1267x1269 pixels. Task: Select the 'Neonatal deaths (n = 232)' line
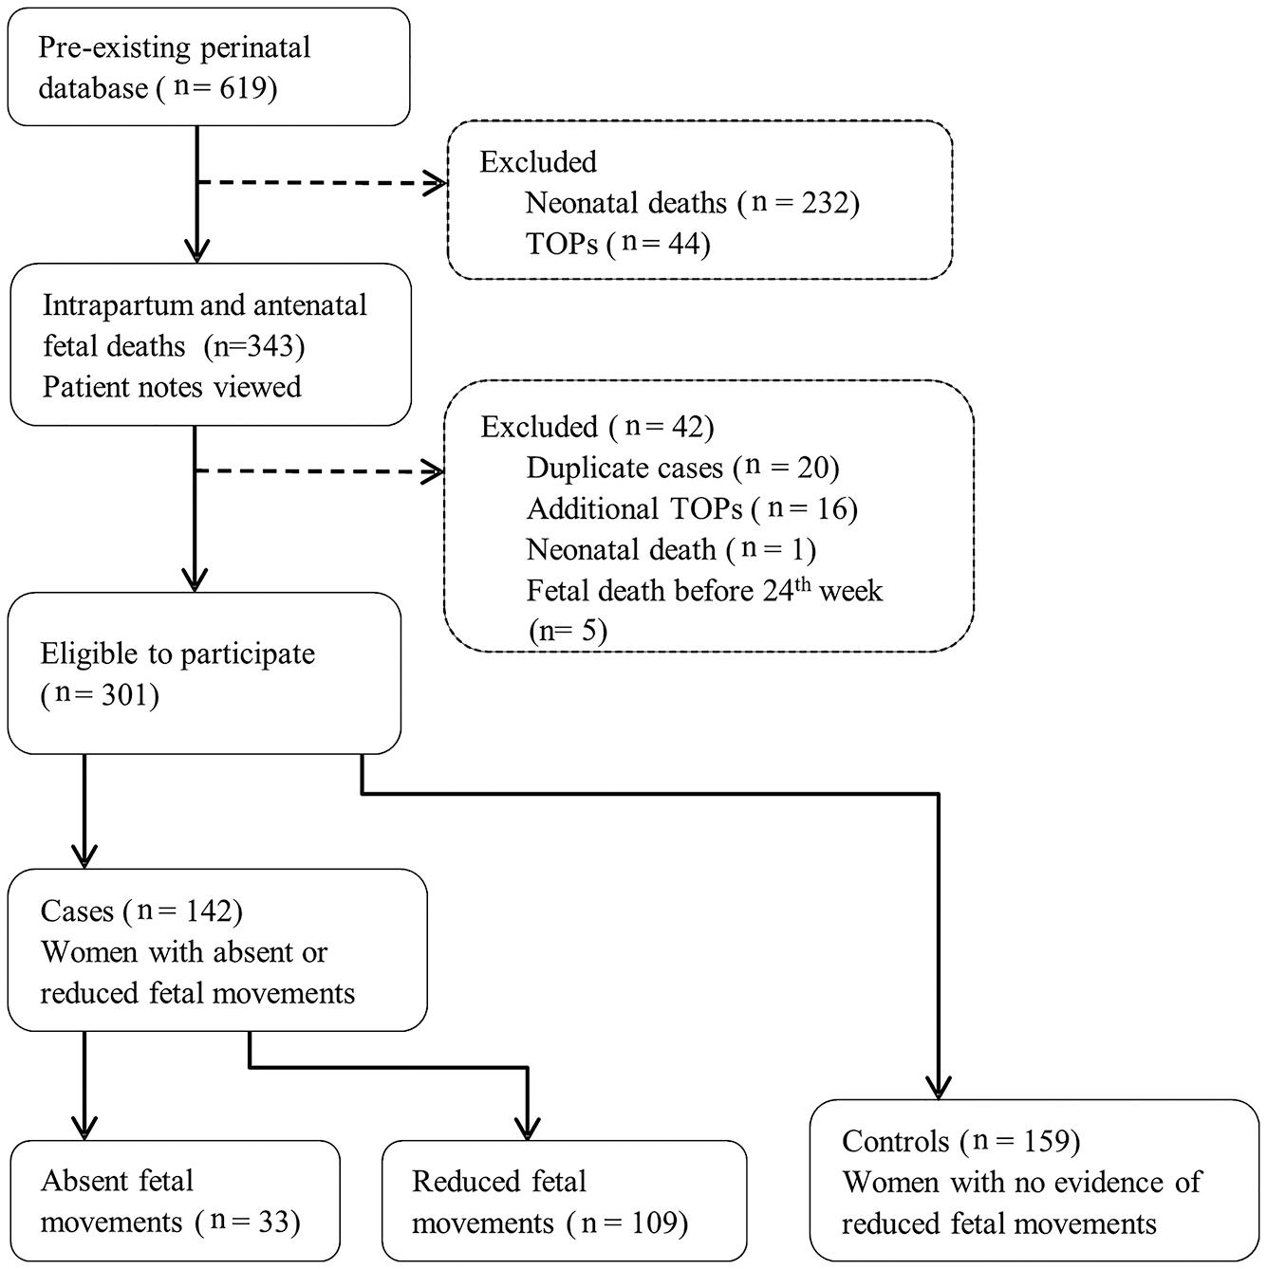coord(692,203)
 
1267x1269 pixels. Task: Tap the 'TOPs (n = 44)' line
coord(618,244)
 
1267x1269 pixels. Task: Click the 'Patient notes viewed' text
coord(172,387)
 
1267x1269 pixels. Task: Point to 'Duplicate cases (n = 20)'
coord(682,468)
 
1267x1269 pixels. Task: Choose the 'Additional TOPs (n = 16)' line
coord(692,509)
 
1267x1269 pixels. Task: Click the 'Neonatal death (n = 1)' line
coord(671,550)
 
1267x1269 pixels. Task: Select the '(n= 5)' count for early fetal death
coord(567,631)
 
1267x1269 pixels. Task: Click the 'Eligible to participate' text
coord(177,654)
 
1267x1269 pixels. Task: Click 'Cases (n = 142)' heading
coord(141,911)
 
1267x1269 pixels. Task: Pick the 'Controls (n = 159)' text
coord(960,1141)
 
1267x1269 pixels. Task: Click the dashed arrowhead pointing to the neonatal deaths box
coord(436,183)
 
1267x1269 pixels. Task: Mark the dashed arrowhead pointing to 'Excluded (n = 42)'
coord(434,470)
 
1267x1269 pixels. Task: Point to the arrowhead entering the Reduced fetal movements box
coord(526,1129)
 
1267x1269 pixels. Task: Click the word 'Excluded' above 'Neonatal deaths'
coord(538,162)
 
